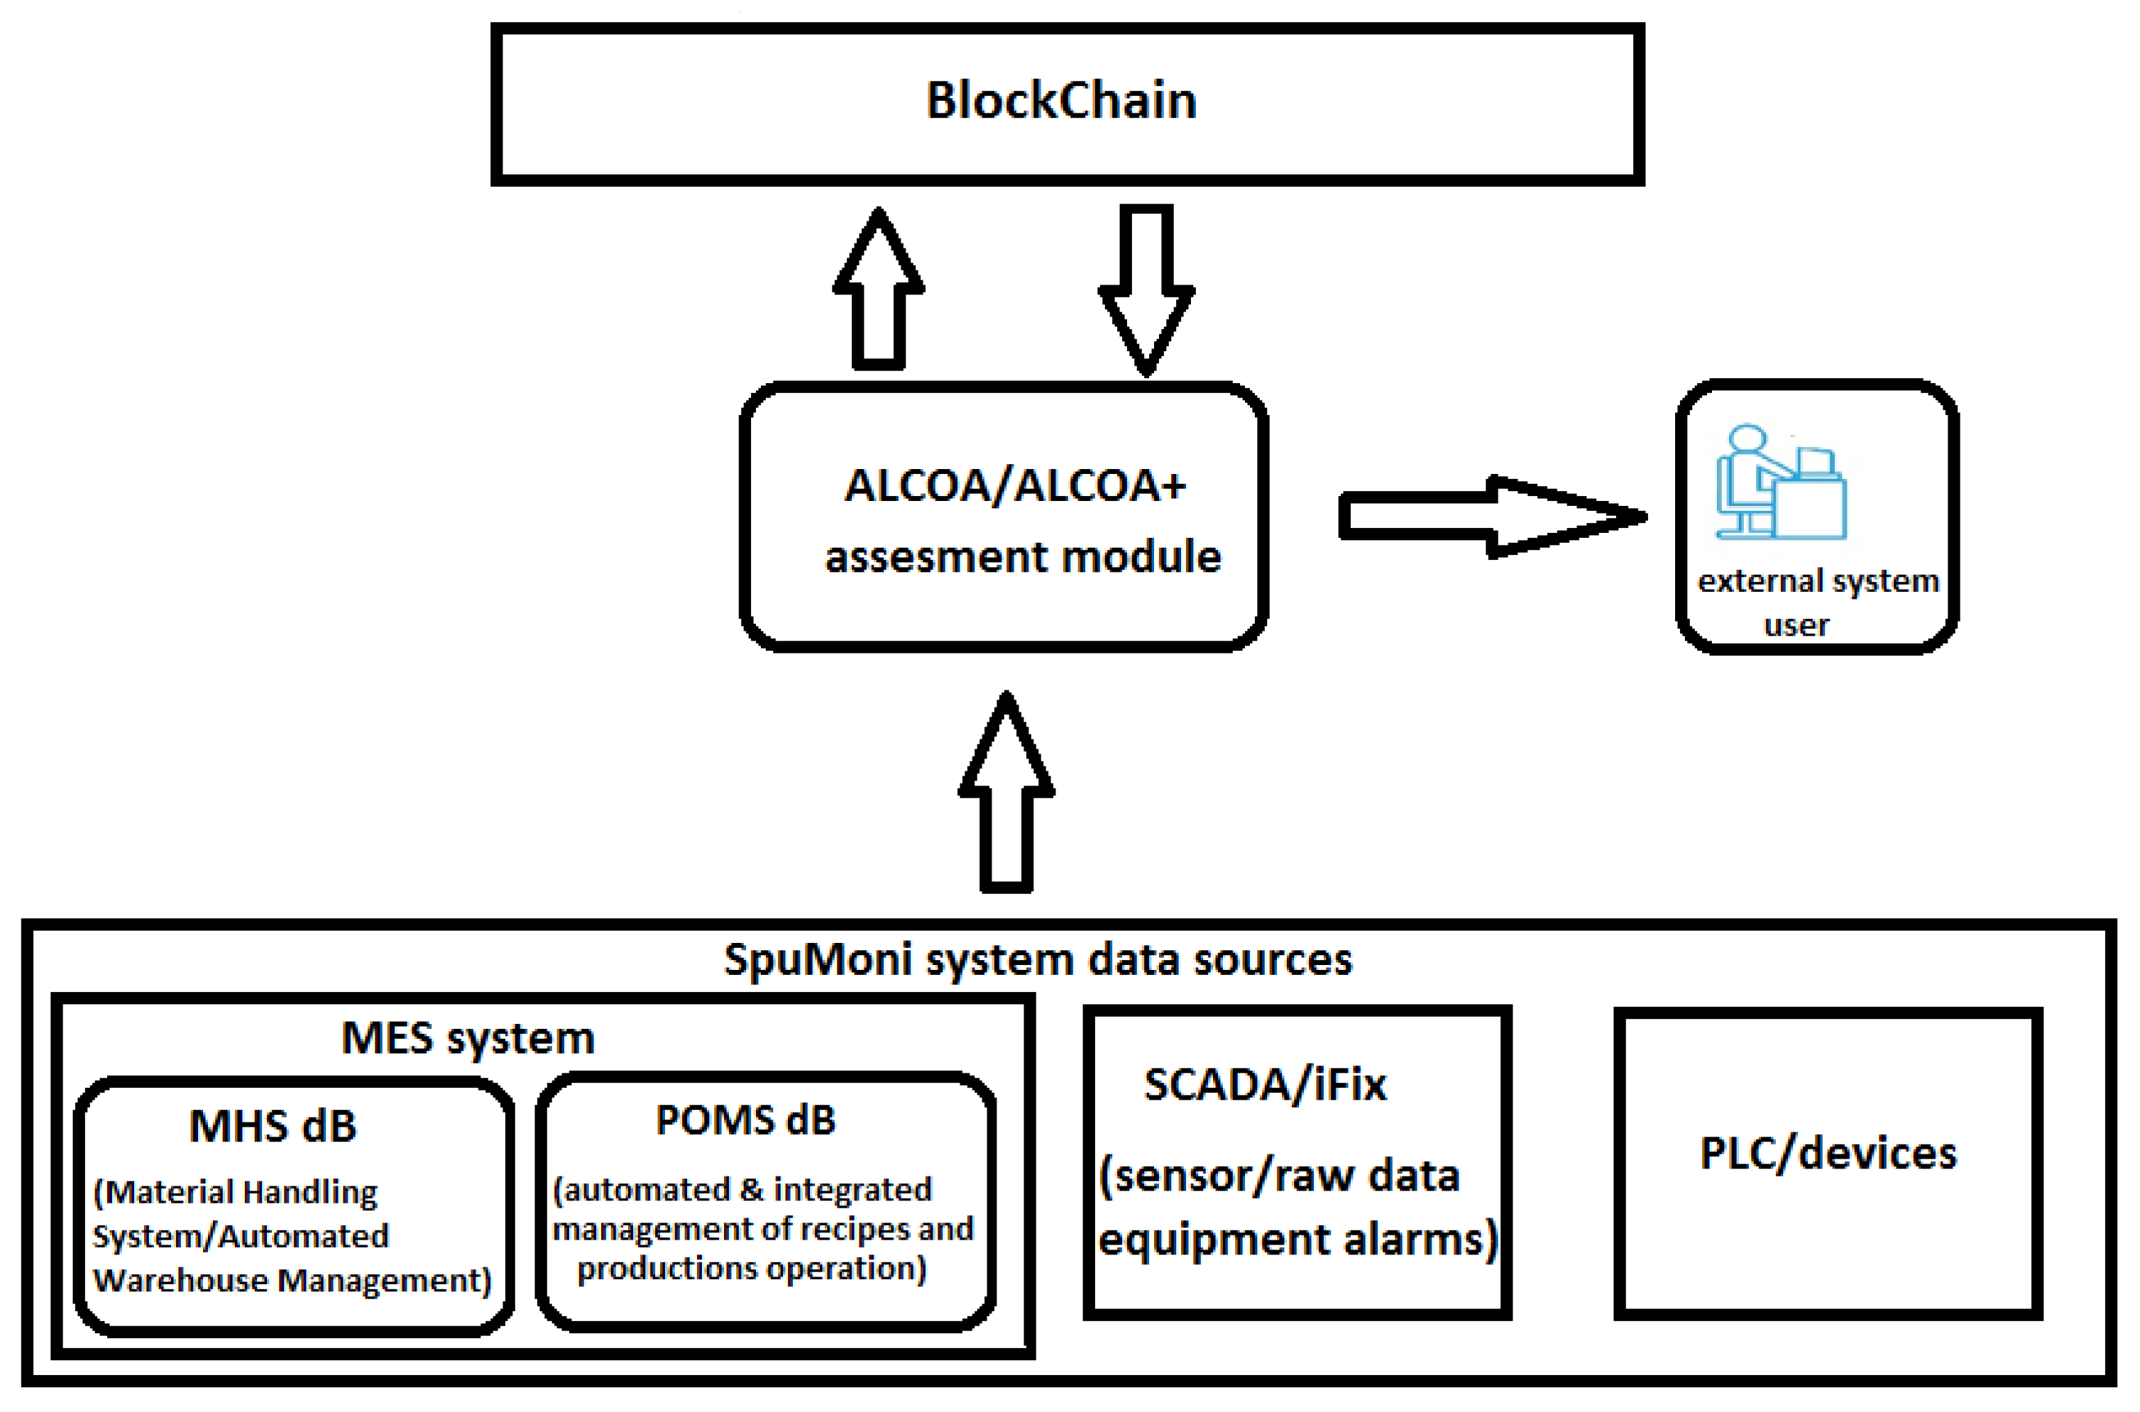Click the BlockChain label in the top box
coord(1061,101)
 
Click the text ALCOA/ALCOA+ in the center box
coord(1014,486)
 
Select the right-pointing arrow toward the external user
coord(1491,517)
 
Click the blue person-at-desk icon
coord(1779,484)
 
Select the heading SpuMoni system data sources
coord(1038,960)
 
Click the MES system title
coord(468,1038)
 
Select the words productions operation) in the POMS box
coord(751,1269)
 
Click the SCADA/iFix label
coord(1265,1085)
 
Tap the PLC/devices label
coord(1828,1154)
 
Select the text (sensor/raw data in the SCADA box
coord(1279,1176)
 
